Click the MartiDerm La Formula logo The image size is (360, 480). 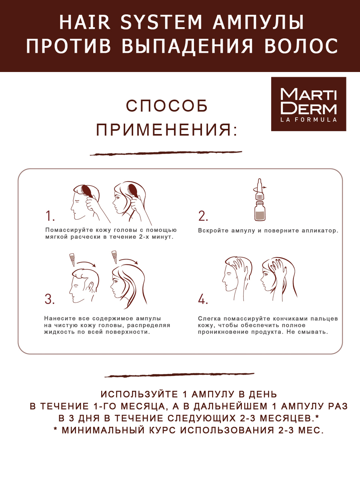click(308, 104)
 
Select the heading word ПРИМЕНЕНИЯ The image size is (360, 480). click(166, 130)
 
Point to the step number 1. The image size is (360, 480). click(50, 216)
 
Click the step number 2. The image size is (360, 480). click(203, 216)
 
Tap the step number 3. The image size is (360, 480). click(50, 299)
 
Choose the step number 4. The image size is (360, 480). click(203, 299)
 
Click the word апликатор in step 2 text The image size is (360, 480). click(316, 231)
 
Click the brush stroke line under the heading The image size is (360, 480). click(166, 153)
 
